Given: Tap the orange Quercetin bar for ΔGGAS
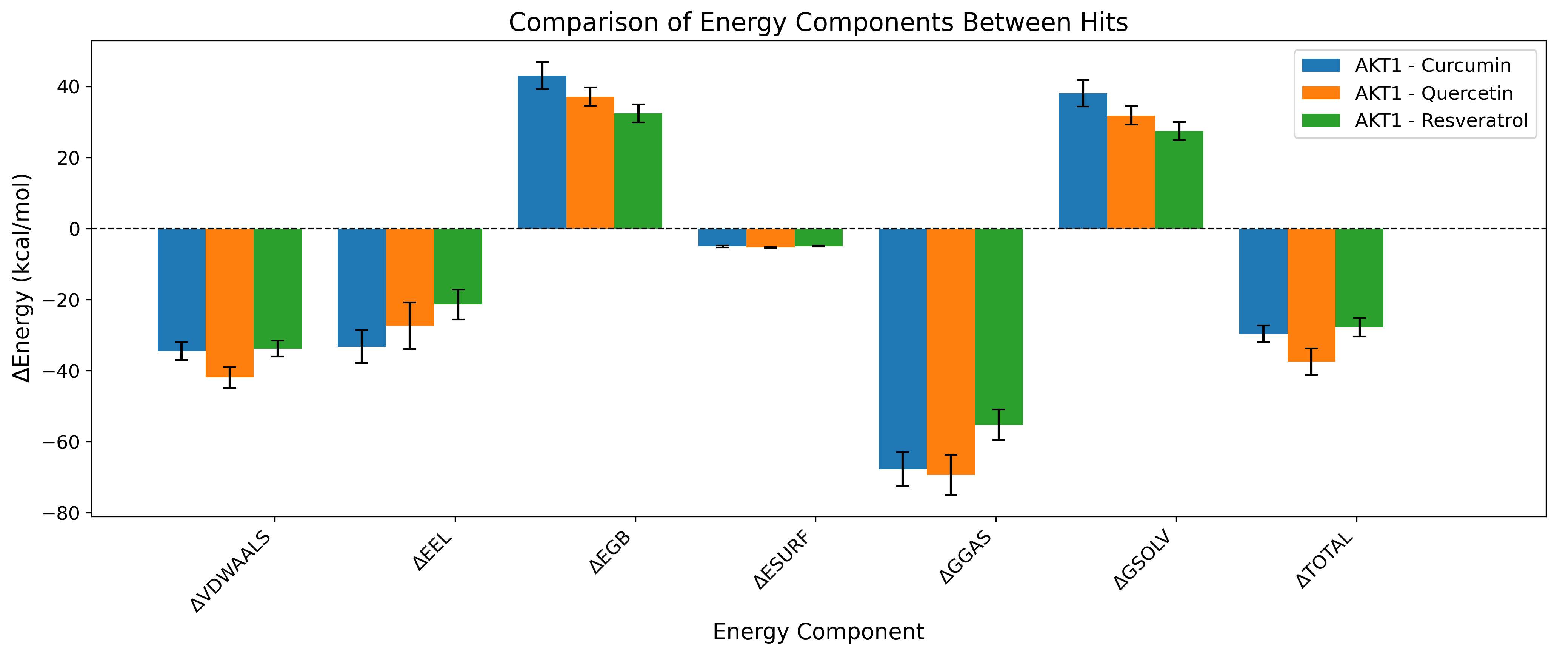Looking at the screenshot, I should (950, 351).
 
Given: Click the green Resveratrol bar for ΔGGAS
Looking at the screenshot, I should (999, 327).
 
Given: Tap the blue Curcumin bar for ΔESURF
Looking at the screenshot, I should (722, 237).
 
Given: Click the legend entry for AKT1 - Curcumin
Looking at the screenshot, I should (1432, 65).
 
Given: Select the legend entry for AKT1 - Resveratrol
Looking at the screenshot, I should (1441, 120).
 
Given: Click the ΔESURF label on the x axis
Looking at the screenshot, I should (782, 559).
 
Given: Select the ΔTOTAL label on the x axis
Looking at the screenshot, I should (1325, 559).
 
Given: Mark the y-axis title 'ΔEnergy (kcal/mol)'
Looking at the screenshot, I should (22, 278).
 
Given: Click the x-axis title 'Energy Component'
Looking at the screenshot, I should (818, 632).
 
